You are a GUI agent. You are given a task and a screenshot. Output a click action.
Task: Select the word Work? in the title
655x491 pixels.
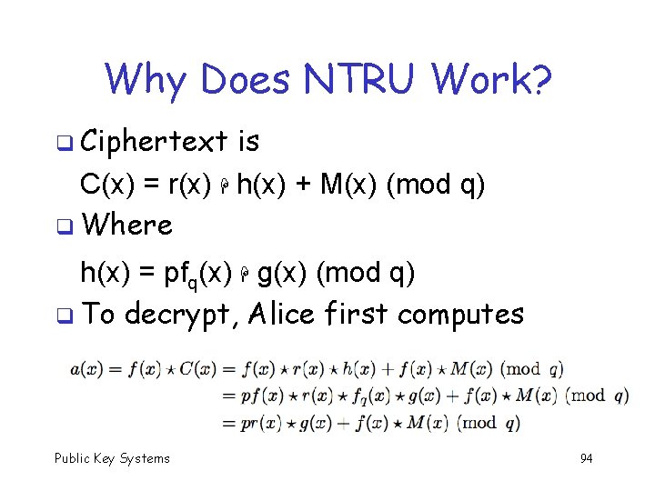pos(492,79)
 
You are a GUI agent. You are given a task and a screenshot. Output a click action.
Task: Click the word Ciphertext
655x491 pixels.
pos(154,142)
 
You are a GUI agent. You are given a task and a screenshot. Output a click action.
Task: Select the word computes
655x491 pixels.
pos(461,316)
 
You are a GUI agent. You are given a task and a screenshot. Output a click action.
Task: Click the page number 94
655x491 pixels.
pos(586,458)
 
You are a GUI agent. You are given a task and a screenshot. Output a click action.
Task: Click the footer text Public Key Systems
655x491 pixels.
pos(112,458)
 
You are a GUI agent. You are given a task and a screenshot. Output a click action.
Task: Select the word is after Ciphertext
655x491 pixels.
pos(247,142)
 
